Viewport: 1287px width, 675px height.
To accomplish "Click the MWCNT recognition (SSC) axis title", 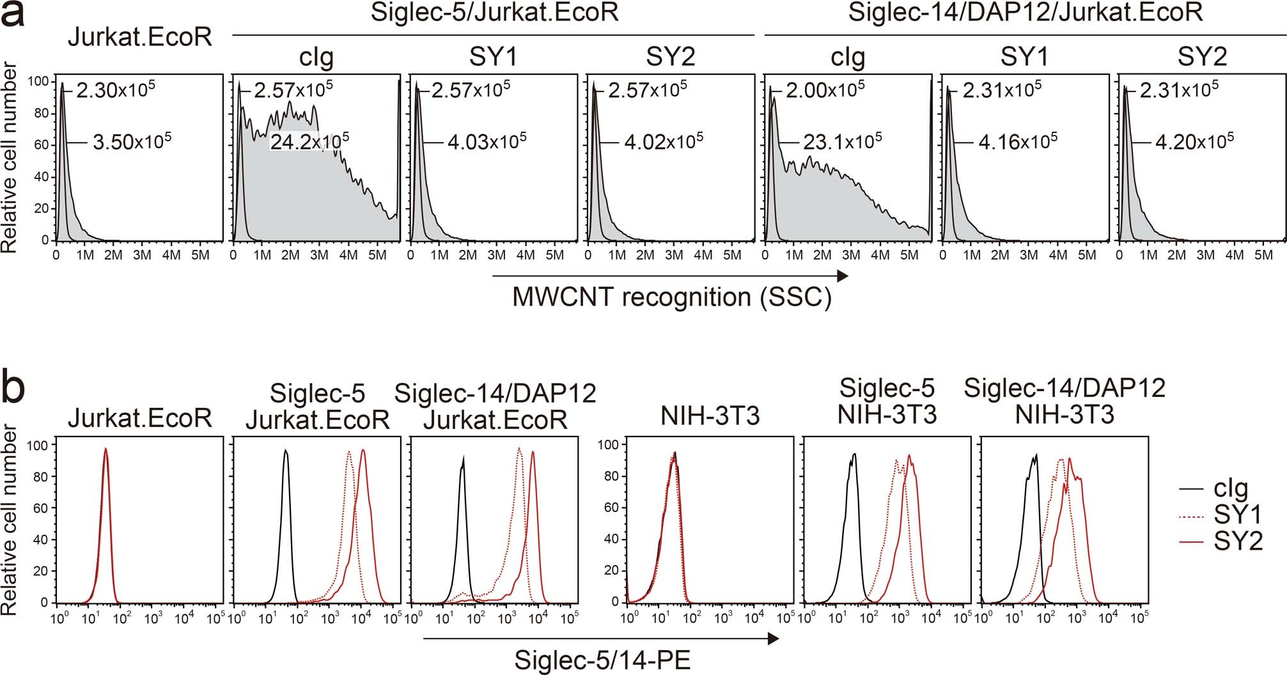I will click(x=672, y=298).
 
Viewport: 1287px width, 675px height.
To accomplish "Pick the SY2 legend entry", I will click(x=1238, y=541).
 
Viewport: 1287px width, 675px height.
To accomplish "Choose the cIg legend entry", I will click(x=1231, y=488).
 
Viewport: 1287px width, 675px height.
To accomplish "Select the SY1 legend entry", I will click(x=1238, y=515).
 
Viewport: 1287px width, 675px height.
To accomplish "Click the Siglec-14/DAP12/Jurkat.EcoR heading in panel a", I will click(x=1025, y=13).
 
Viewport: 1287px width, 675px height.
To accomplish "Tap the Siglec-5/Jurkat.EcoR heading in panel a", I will click(x=494, y=13).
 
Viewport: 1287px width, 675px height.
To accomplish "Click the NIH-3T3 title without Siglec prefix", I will click(x=710, y=417).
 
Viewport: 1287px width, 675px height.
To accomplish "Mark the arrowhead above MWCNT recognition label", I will click(x=842, y=276).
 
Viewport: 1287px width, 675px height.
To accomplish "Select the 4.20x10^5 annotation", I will click(x=1194, y=141).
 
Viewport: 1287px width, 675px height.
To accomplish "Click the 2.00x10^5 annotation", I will click(x=825, y=89).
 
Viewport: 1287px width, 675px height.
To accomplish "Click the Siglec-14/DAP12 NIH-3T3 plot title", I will click(x=1065, y=401).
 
